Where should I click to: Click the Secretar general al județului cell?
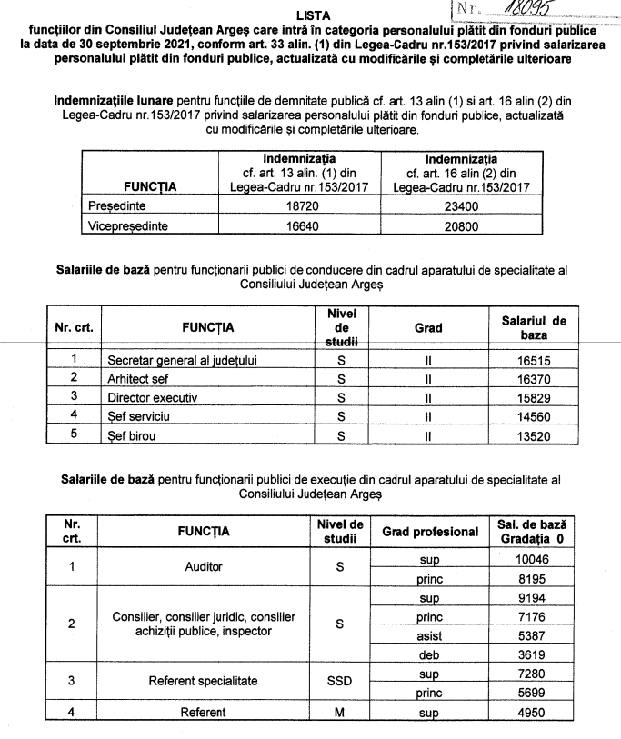182,360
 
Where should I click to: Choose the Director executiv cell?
152,396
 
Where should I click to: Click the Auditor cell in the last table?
203,566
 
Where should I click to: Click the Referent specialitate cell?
203,679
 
